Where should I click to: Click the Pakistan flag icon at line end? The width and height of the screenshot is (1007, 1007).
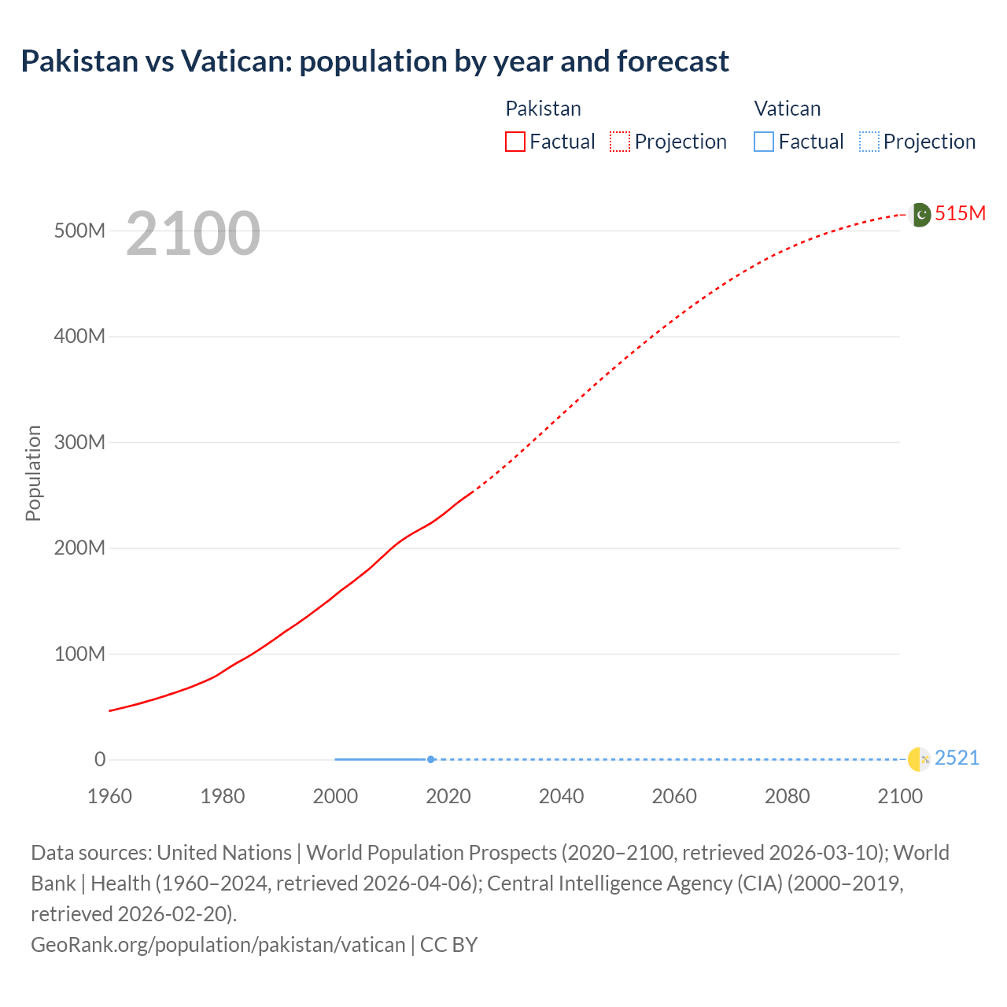[x=920, y=214]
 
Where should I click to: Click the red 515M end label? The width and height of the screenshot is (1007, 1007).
[x=960, y=213]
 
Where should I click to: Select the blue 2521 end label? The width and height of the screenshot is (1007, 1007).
[x=957, y=758]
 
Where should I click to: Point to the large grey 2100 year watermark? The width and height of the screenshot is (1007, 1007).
[x=193, y=233]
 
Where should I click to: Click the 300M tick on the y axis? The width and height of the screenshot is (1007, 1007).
[x=79, y=442]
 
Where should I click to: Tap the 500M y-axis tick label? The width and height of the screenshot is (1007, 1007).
[x=79, y=231]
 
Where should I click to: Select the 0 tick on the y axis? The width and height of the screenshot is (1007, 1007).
[x=100, y=759]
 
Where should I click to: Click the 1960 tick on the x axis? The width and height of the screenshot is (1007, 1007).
[x=109, y=796]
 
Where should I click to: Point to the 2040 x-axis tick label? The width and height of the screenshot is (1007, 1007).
[x=561, y=796]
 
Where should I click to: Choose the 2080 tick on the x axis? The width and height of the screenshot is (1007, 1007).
[x=787, y=796]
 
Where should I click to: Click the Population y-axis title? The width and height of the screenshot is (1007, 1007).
[x=33, y=473]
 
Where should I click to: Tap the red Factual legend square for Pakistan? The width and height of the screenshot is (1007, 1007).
[x=515, y=142]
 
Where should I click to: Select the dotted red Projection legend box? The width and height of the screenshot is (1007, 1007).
[x=620, y=142]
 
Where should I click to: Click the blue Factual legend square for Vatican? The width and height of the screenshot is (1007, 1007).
[x=764, y=142]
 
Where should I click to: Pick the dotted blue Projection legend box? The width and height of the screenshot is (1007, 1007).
[x=869, y=142]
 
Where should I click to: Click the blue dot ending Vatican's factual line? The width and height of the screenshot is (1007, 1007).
[x=431, y=759]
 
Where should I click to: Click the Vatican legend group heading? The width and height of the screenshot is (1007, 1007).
[x=787, y=109]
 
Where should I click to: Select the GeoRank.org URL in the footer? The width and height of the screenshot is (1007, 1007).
[x=218, y=944]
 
